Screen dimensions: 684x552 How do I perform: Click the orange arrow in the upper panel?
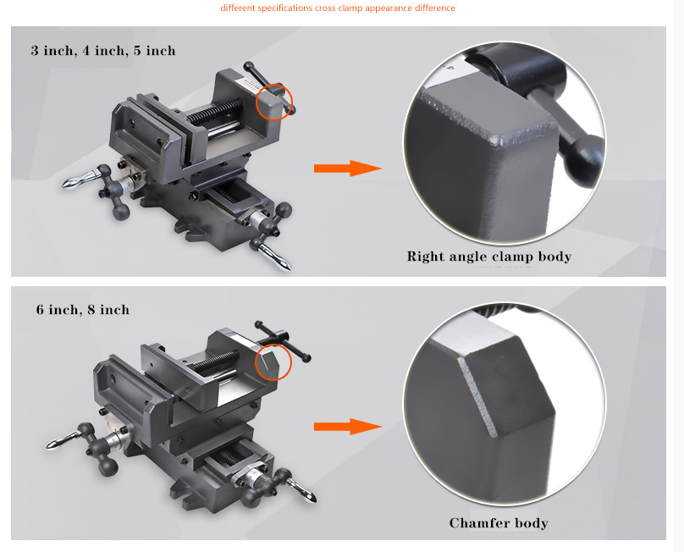348,168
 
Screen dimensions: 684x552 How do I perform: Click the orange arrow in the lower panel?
348,427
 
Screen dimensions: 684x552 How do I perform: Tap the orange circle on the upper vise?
273,102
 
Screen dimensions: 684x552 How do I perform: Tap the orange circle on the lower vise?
273,362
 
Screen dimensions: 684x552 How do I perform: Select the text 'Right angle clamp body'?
489,257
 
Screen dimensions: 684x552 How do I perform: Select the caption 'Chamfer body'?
499,522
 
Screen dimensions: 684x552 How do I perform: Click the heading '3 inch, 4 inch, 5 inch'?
103,51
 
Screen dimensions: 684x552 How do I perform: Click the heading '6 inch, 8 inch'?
83,309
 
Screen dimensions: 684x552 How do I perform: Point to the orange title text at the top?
338,8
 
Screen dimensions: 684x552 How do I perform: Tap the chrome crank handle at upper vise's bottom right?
275,256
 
